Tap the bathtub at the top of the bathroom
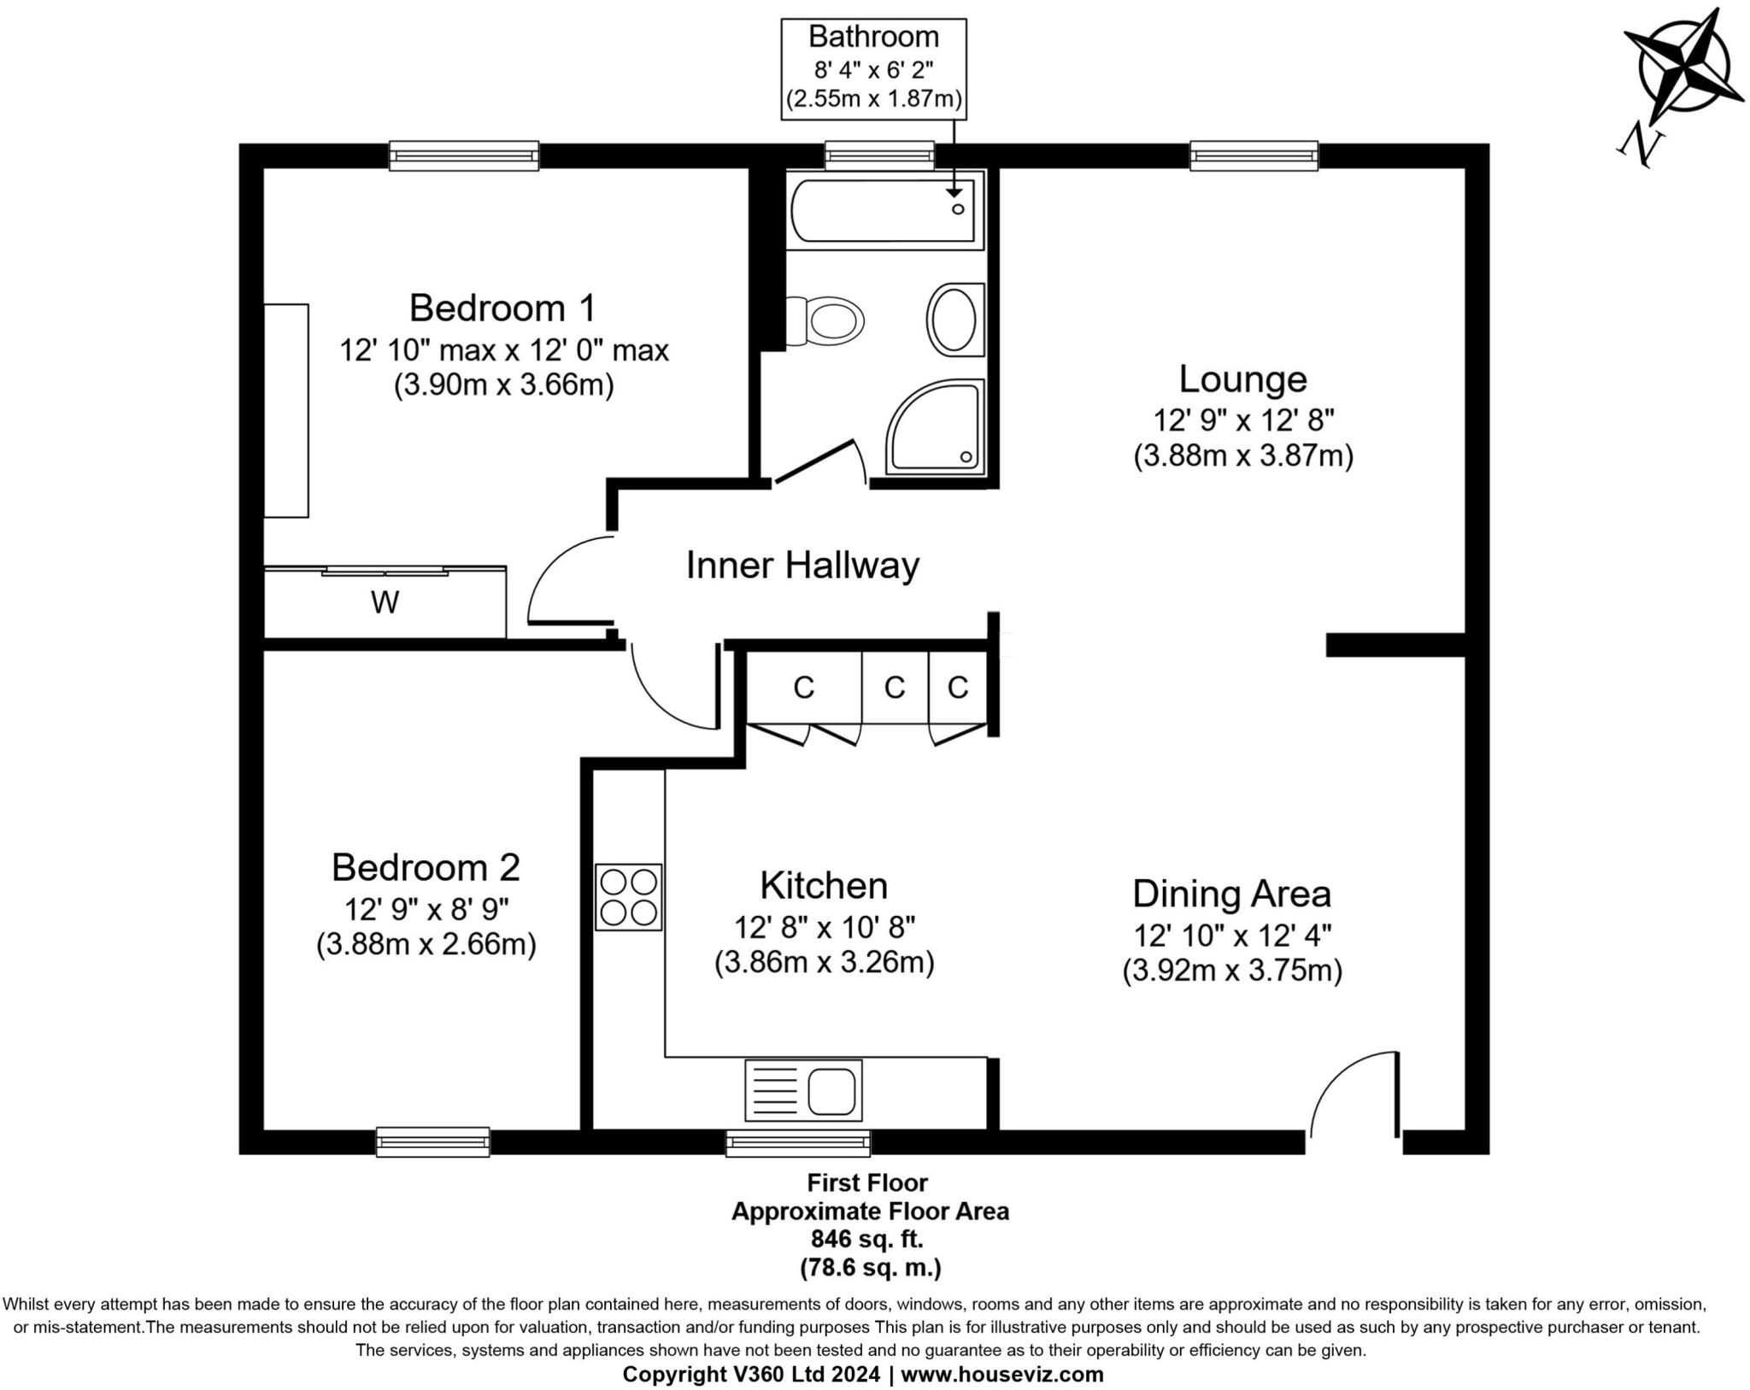pyautogui.click(x=882, y=210)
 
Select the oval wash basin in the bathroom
pyautogui.click(x=954, y=319)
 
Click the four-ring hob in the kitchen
pyautogui.click(x=629, y=896)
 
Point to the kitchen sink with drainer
pyautogui.click(x=803, y=1090)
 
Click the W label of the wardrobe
pyautogui.click(x=385, y=603)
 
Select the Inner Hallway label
pyautogui.click(x=802, y=566)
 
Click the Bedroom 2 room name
pyautogui.click(x=426, y=867)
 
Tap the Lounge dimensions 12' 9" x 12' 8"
pyautogui.click(x=1243, y=420)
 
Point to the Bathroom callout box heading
pyautogui.click(x=873, y=37)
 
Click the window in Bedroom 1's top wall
pyautogui.click(x=464, y=155)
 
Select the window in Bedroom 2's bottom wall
pyautogui.click(x=433, y=1141)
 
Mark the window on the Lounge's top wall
pyautogui.click(x=1254, y=155)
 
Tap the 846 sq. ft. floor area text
pyautogui.click(x=867, y=1239)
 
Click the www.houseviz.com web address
pyautogui.click(x=1001, y=1375)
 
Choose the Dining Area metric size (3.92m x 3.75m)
pyautogui.click(x=1232, y=971)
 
